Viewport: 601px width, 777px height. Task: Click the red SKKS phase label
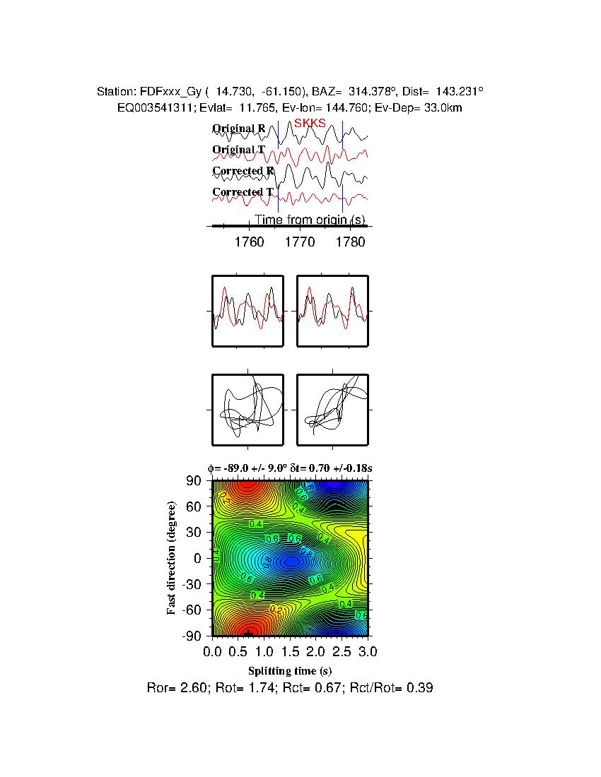coord(310,124)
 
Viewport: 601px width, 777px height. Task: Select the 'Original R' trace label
coord(239,129)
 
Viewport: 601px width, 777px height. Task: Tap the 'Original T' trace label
coord(239,150)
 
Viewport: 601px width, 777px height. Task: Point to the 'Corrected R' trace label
coord(243,171)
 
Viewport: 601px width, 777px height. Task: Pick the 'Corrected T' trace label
coord(243,192)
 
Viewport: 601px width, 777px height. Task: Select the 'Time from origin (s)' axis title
coord(310,220)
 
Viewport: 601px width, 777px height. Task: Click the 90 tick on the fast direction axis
coord(194,481)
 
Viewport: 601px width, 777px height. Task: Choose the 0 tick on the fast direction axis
coord(199,558)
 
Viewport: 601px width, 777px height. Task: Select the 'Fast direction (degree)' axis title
coord(172,558)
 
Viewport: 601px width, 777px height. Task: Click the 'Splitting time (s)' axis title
coord(290,670)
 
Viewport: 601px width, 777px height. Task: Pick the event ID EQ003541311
coord(156,107)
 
